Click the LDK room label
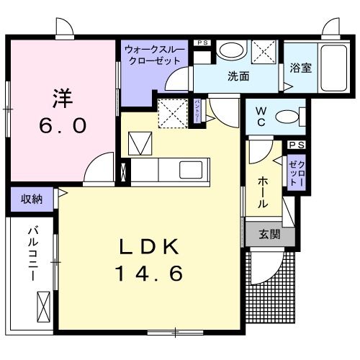click(148, 246)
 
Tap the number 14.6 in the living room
click(150, 274)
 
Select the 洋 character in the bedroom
click(63, 96)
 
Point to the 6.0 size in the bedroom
click(63, 125)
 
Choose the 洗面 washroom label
click(238, 76)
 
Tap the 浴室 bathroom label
click(300, 68)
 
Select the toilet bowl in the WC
click(289, 117)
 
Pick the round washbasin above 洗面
click(231, 50)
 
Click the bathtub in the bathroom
click(332, 68)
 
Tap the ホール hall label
click(263, 194)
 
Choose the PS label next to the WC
click(296, 145)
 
